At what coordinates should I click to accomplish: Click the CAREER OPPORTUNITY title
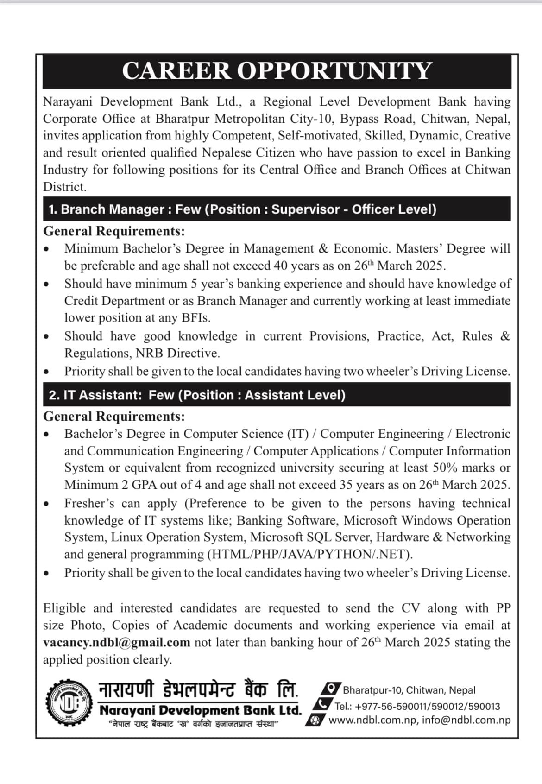(277, 71)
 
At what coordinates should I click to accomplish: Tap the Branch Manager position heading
(242, 209)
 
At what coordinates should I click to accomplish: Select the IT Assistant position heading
(197, 395)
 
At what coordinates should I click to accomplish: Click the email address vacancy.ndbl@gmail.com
(117, 643)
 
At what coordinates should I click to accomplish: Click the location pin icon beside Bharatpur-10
(331, 689)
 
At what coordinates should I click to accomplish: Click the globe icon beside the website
(315, 721)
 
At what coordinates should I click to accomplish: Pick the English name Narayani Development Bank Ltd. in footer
(201, 711)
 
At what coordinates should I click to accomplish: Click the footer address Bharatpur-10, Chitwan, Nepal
(409, 690)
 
